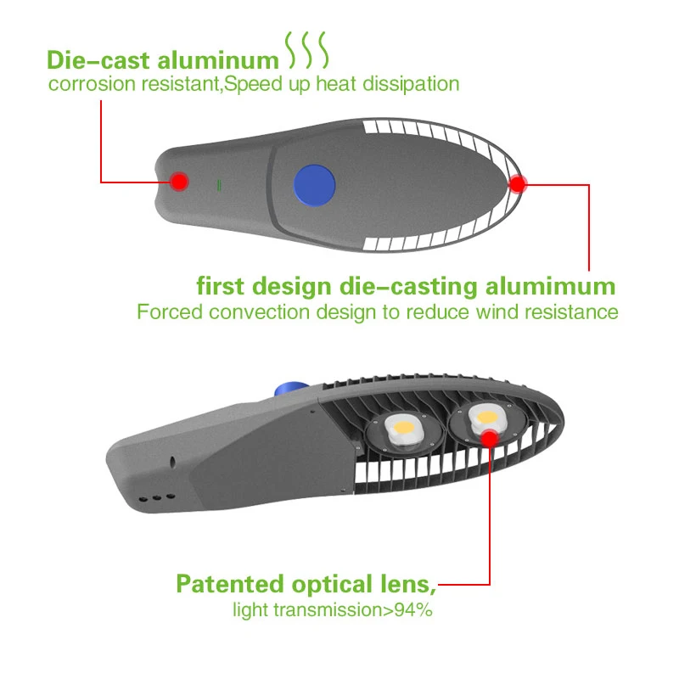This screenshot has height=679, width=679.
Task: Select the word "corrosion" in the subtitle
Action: pyautogui.click(x=88, y=84)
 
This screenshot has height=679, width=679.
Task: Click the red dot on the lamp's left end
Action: pyautogui.click(x=179, y=181)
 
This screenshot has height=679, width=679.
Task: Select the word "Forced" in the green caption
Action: pyautogui.click(x=168, y=311)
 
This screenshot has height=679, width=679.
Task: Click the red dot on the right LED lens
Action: pyautogui.click(x=490, y=437)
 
